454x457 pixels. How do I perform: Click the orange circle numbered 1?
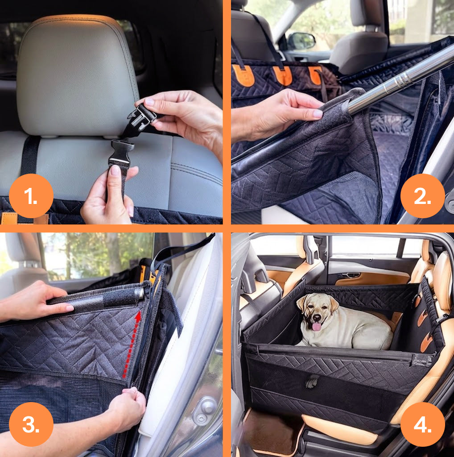31,196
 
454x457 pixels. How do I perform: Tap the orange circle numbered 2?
422,196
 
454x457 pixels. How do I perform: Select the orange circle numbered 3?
31,424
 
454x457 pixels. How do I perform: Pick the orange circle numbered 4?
422,424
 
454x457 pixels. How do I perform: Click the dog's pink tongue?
316,326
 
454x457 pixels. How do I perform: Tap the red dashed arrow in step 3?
131,345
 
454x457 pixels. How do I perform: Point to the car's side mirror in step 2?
301,41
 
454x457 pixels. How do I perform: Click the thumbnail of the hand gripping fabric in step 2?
318,114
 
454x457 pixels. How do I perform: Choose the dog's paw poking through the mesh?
312,381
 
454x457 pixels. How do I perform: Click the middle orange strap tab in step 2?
282,75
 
